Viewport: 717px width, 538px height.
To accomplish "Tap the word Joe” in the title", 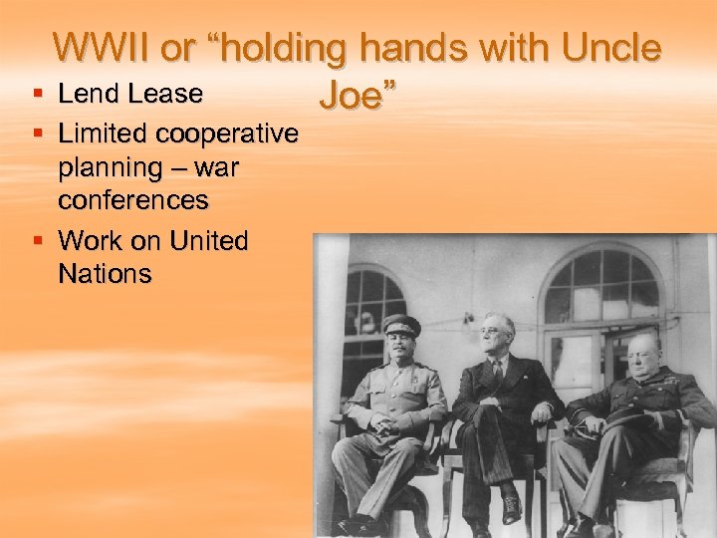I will pyautogui.click(x=358, y=96).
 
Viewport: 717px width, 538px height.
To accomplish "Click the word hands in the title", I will pyautogui.click(x=424, y=48).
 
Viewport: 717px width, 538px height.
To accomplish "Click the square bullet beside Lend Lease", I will pyautogui.click(x=38, y=95).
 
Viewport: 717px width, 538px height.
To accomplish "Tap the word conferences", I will pyautogui.click(x=133, y=200).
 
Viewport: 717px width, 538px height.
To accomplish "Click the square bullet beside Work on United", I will pyautogui.click(x=38, y=240).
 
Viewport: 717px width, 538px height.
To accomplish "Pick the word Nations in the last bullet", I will pyautogui.click(x=105, y=274).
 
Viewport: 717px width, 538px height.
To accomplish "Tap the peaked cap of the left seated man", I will pyautogui.click(x=401, y=323).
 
